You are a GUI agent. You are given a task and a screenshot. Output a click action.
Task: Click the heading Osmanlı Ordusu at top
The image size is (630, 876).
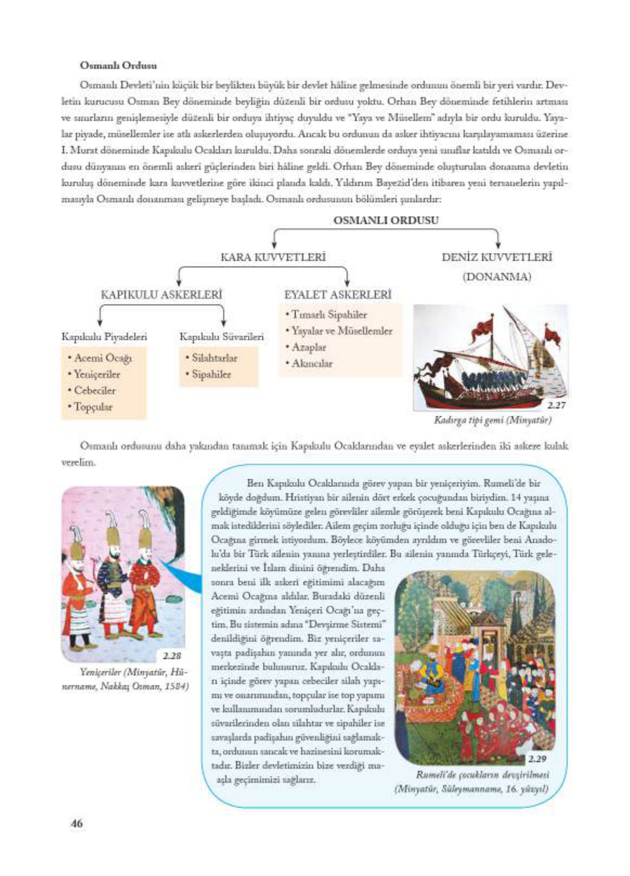118,66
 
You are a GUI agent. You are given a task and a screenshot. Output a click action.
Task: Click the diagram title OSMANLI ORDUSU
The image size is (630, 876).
386,220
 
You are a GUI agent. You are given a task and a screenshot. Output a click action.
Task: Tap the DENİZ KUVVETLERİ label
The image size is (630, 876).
496,257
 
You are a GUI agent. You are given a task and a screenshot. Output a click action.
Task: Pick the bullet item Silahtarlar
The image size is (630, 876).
215,358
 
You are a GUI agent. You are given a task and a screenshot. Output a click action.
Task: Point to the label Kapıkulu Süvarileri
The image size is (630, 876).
222,337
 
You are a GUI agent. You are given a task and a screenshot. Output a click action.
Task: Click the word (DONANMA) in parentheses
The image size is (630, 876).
496,277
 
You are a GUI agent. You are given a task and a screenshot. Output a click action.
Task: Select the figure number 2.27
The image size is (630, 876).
556,405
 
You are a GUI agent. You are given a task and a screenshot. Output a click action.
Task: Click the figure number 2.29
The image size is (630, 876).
537,758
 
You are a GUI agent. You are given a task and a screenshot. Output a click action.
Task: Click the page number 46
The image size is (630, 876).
76,823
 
